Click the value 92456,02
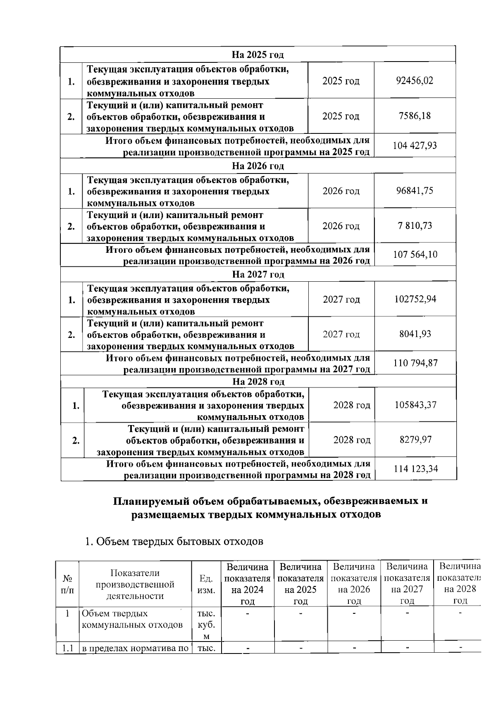pyautogui.click(x=415, y=81)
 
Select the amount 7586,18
pyautogui.click(x=415, y=116)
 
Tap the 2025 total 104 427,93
pyautogui.click(x=415, y=146)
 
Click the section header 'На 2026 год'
pyautogui.click(x=258, y=166)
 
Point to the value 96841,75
pyautogui.click(x=415, y=191)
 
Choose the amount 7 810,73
pyautogui.click(x=415, y=226)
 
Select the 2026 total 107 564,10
pyautogui.click(x=415, y=254)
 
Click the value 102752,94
pyautogui.click(x=415, y=299)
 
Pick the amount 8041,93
pyautogui.click(x=415, y=334)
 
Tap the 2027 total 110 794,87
pyautogui.click(x=415, y=363)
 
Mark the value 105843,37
pyautogui.click(x=415, y=405)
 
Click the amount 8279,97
pyautogui.click(x=415, y=440)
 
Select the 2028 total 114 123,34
pyautogui.click(x=416, y=469)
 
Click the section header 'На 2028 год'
pyautogui.click(x=258, y=381)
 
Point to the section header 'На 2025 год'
pyautogui.click(x=258, y=55)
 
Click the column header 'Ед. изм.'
pyautogui.click(x=206, y=584)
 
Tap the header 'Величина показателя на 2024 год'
pyautogui.click(x=248, y=583)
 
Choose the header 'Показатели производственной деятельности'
pyautogui.click(x=135, y=584)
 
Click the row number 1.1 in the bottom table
pyautogui.click(x=67, y=648)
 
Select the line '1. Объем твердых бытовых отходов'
pyautogui.click(x=174, y=542)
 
